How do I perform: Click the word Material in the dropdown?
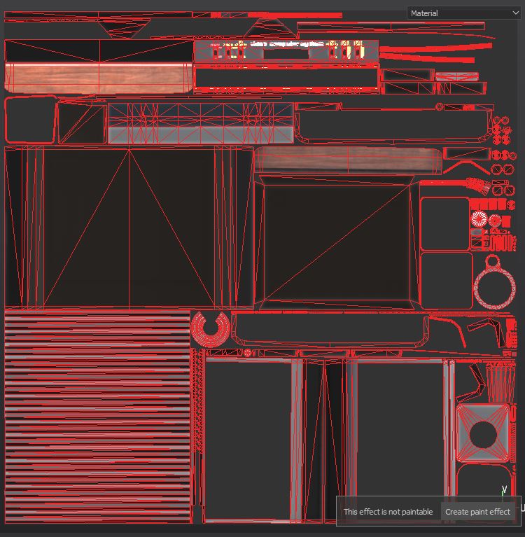424,13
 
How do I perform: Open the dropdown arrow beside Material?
516,13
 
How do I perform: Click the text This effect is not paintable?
388,512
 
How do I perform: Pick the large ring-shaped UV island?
496,287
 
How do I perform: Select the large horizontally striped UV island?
97,417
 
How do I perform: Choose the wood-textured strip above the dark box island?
348,160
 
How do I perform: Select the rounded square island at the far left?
30,120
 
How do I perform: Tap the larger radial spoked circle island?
479,218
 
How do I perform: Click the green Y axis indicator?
503,489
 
